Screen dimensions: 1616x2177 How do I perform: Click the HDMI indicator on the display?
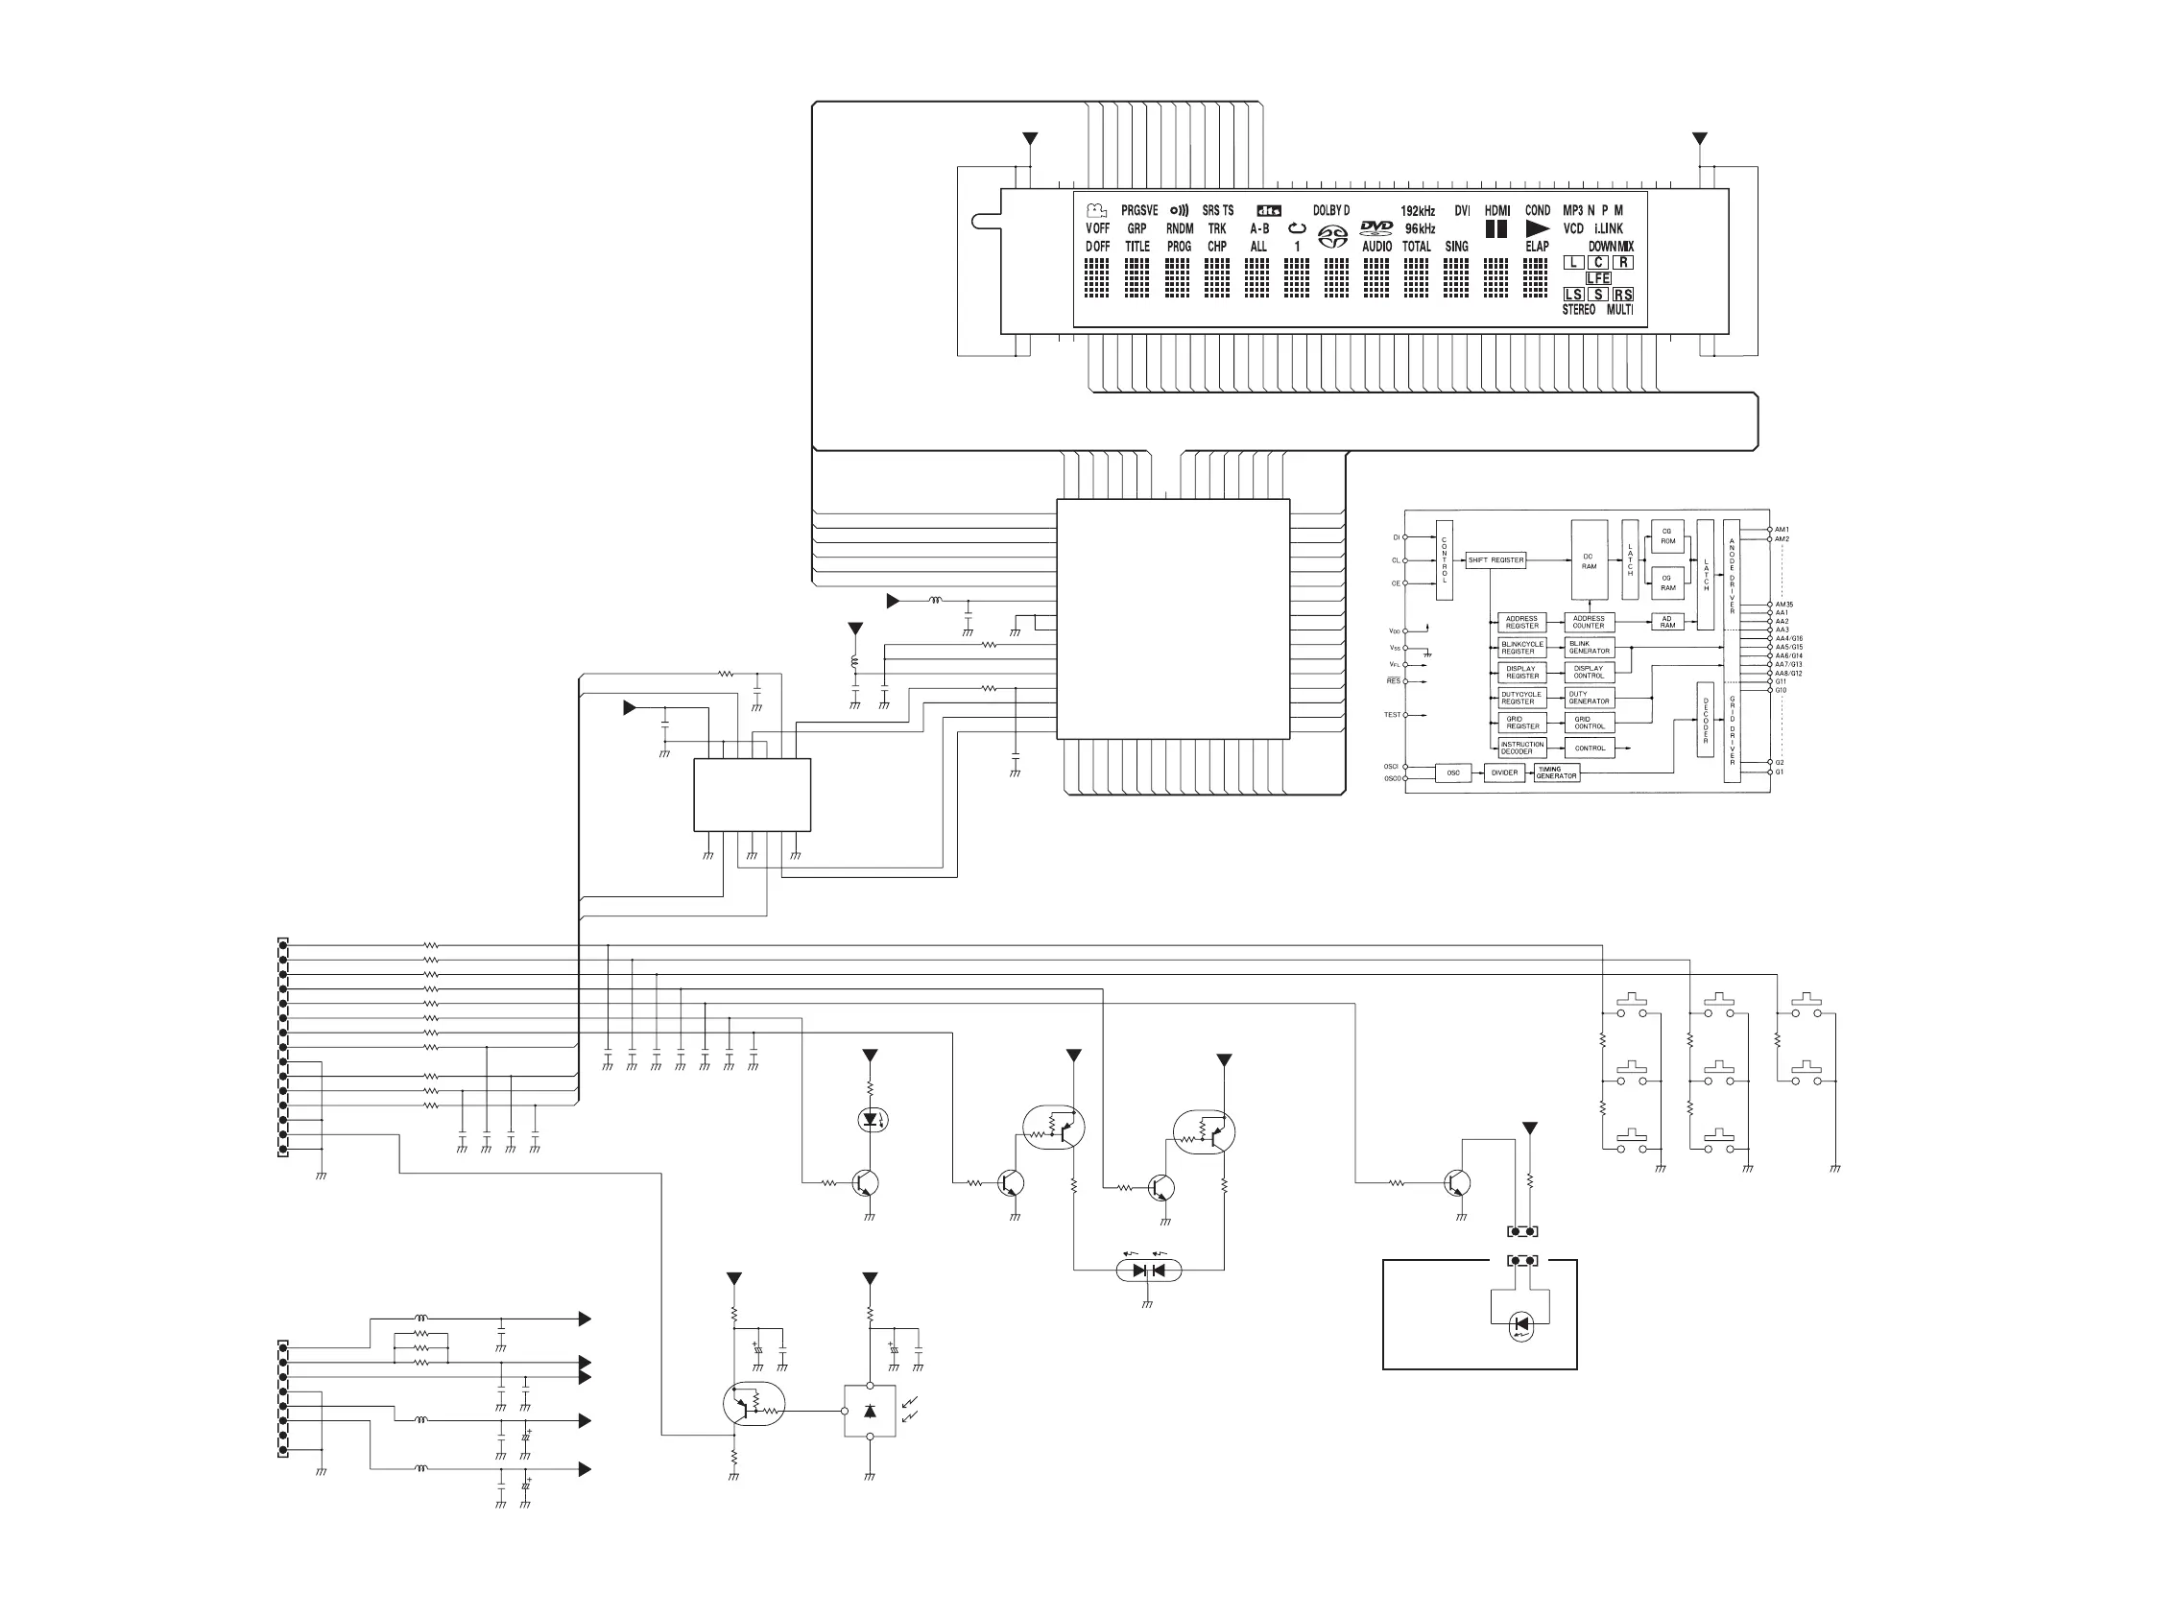(x=1497, y=210)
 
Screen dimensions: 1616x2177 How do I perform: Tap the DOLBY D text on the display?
(x=1330, y=210)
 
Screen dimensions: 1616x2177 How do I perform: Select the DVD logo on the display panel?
(x=1376, y=228)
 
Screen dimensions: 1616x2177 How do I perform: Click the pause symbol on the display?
(x=1496, y=229)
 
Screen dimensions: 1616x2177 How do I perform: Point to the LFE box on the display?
(x=1598, y=279)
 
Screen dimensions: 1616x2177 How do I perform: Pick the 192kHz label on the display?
(x=1418, y=210)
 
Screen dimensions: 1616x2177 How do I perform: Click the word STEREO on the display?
(x=1578, y=310)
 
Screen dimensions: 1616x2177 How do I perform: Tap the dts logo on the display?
(x=1269, y=210)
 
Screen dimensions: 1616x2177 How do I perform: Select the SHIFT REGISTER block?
(x=1495, y=560)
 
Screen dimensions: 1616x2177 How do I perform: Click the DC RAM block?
(x=1589, y=560)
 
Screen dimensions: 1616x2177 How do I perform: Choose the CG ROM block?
(x=1667, y=536)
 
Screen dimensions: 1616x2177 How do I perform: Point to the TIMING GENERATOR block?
(x=1556, y=772)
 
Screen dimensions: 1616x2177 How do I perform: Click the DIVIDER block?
(x=1504, y=772)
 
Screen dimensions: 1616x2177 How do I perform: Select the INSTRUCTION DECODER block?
(x=1521, y=749)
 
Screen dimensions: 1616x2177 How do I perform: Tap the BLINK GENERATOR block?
(x=1589, y=648)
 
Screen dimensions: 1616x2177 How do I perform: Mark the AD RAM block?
(x=1667, y=622)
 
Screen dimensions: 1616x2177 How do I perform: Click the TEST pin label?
(x=1393, y=715)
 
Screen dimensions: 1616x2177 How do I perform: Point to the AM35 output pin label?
(x=1783, y=605)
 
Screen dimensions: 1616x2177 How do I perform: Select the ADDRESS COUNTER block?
(x=1589, y=622)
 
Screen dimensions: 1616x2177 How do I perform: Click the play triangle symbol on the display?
(x=1537, y=229)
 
